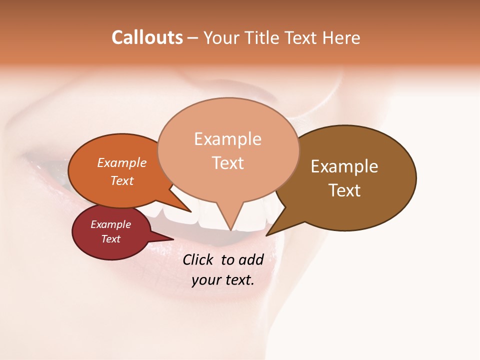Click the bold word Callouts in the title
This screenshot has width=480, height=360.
pyautogui.click(x=147, y=37)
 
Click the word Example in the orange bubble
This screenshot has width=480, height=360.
pyautogui.click(x=122, y=162)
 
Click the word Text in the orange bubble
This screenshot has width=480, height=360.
pyautogui.click(x=122, y=180)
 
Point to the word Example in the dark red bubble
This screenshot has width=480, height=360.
pyautogui.click(x=110, y=224)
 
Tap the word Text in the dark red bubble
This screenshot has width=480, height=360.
pyautogui.click(x=110, y=239)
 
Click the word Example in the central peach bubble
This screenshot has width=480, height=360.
pyautogui.click(x=227, y=139)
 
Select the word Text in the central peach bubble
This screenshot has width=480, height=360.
pyautogui.click(x=227, y=163)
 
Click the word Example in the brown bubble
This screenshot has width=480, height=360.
pyautogui.click(x=344, y=166)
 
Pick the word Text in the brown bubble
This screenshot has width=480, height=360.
pyautogui.click(x=344, y=190)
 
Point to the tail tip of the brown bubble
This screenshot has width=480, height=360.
pyautogui.click(x=266, y=235)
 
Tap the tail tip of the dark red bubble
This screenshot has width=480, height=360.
pyautogui.click(x=173, y=239)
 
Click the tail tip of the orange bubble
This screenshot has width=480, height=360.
pyautogui.click(x=191, y=212)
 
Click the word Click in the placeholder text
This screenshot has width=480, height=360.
pyautogui.click(x=199, y=259)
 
